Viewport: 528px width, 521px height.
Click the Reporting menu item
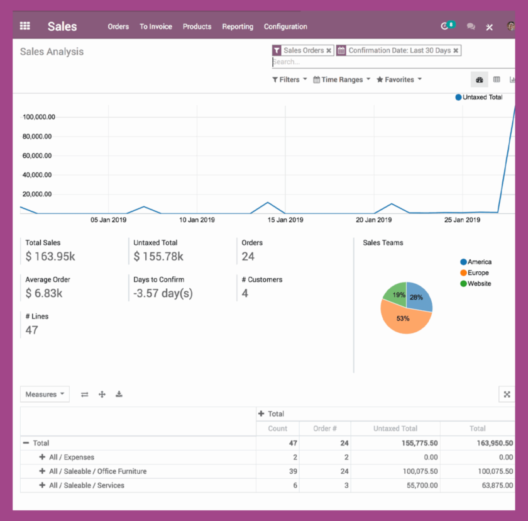coord(238,26)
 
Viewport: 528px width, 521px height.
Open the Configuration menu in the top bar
coord(285,26)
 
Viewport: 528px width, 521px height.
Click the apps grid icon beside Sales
coord(25,26)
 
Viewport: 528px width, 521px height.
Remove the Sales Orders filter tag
coord(329,50)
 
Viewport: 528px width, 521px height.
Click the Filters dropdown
coord(289,80)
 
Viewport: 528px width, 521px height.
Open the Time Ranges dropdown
coord(342,80)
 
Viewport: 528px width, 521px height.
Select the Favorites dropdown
coord(399,80)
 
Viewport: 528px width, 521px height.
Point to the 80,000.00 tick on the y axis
coord(37,137)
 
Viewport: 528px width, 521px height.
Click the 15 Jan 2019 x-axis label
coord(285,220)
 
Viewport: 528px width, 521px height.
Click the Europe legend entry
coord(478,273)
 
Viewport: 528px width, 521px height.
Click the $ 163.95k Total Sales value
coord(50,257)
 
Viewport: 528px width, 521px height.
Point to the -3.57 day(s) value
coord(163,294)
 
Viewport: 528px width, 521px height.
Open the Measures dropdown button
coord(45,395)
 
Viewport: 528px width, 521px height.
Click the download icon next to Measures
coord(119,395)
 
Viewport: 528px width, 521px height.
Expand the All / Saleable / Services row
coord(43,485)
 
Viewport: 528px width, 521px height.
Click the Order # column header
coord(324,429)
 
